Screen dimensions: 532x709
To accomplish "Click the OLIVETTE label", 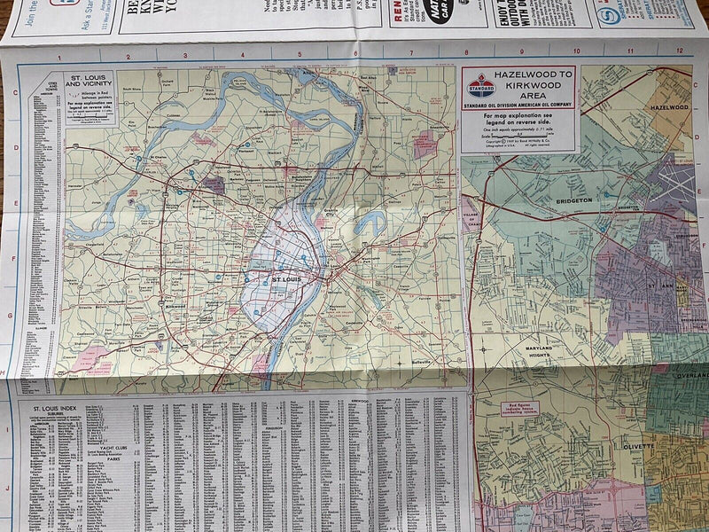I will (x=631, y=447).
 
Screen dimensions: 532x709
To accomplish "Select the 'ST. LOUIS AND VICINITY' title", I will (x=90, y=86).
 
